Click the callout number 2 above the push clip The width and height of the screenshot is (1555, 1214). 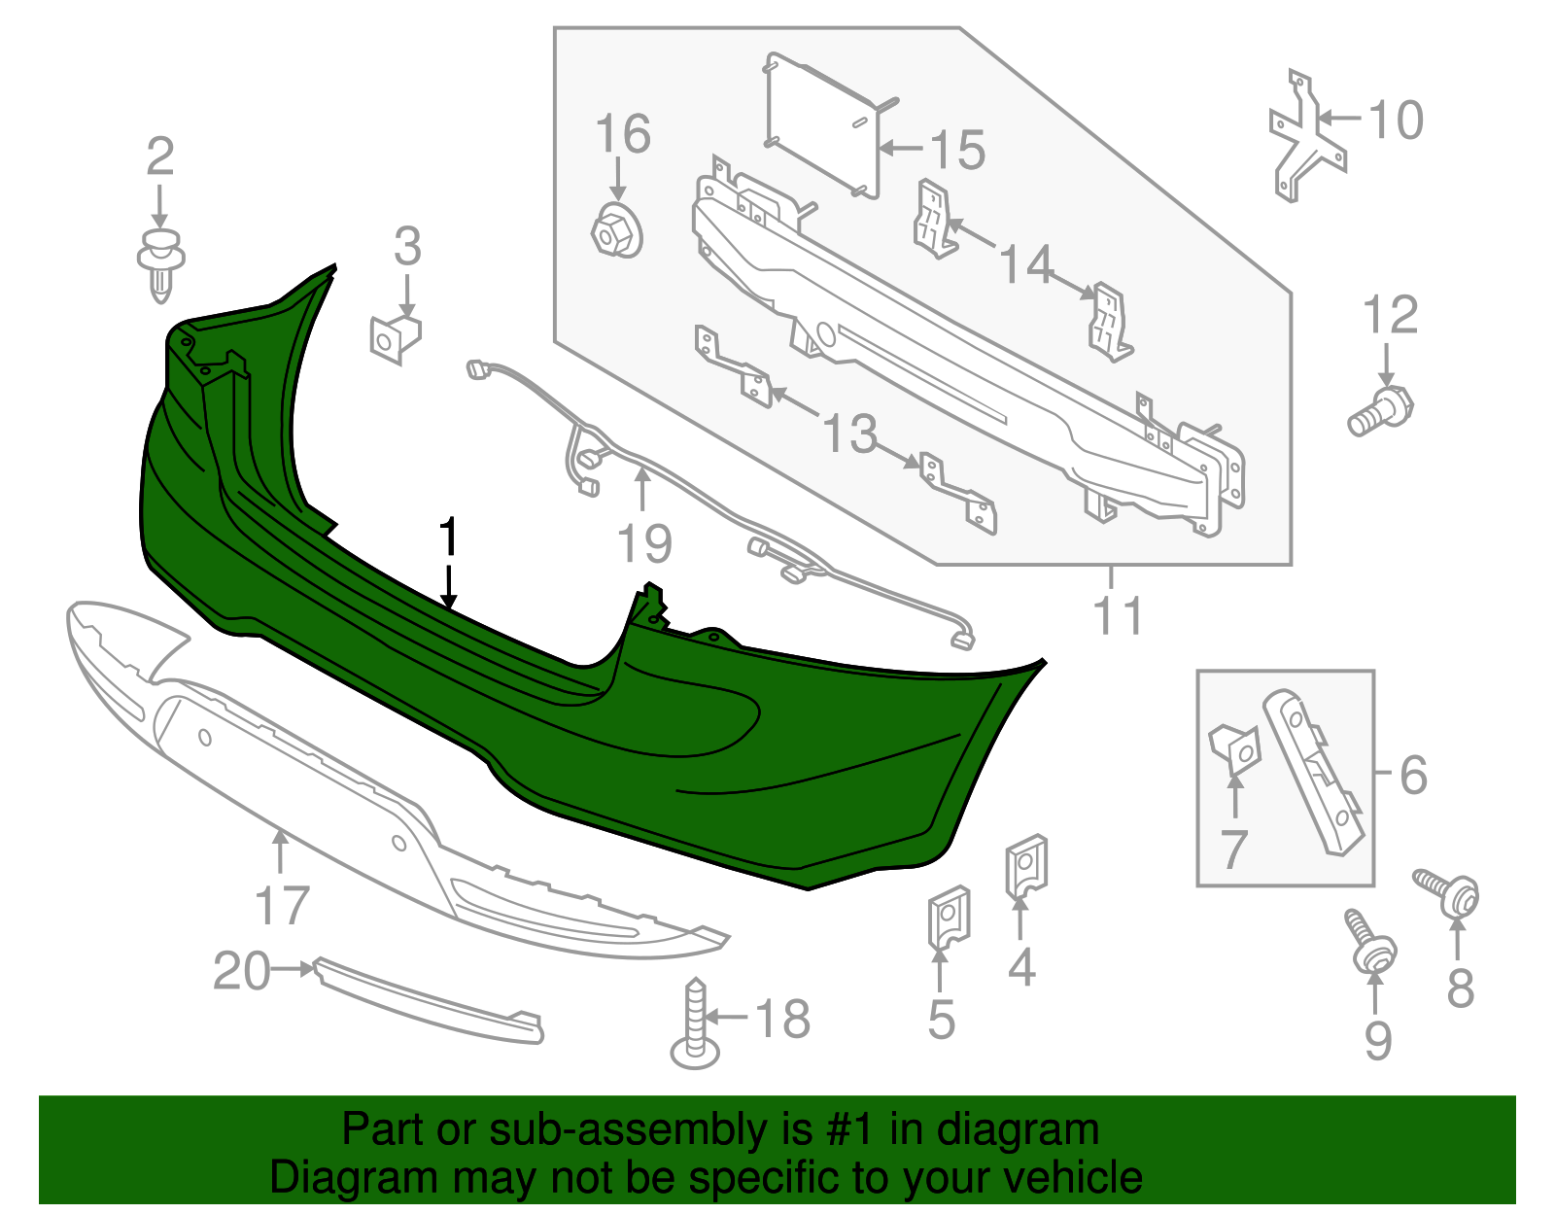(160, 157)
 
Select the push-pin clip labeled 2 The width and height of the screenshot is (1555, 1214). (161, 262)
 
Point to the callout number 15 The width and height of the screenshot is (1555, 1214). (957, 150)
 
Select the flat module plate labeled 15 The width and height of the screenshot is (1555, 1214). (822, 124)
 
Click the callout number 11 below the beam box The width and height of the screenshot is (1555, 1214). (1119, 615)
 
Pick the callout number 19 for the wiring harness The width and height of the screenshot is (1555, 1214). (644, 543)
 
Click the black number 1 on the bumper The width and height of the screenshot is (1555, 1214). (448, 538)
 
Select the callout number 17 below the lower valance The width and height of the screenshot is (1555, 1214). (282, 905)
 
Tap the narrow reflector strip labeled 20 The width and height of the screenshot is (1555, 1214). (428, 1001)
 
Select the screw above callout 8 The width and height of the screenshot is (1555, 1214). (1448, 891)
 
